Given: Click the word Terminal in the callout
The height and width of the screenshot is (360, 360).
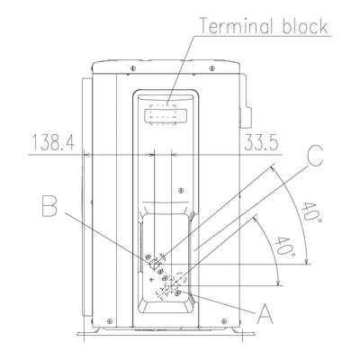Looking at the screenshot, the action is point(236,26).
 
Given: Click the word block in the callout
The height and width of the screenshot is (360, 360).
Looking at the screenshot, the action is point(304,26).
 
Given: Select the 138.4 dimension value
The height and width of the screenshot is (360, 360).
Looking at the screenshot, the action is point(53,143).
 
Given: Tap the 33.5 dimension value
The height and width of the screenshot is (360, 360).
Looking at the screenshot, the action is point(261,142).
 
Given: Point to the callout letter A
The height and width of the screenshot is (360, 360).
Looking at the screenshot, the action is point(265,313).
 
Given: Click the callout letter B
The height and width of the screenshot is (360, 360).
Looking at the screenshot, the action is point(49,206).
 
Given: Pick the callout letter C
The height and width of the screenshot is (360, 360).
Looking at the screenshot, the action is point(315,157).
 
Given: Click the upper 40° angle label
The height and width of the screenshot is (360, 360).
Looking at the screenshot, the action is point(311,213).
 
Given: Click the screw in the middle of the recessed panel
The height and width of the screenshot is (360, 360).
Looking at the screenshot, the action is point(181,190).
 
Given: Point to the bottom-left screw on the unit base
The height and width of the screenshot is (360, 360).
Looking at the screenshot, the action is point(110,320).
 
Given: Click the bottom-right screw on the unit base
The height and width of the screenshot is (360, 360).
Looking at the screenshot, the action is point(224,320).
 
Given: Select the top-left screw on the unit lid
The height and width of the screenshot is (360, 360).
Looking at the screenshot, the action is point(133,68).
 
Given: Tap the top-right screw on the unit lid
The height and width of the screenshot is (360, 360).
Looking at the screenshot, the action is point(212,68).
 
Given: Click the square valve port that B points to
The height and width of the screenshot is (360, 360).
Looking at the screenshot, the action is point(155,264).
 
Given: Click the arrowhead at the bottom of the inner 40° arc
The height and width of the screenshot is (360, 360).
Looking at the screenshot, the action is point(279,283).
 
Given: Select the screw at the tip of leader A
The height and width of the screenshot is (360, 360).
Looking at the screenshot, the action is point(178,292).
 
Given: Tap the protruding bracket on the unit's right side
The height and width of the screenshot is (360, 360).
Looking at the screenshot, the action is point(246,102).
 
